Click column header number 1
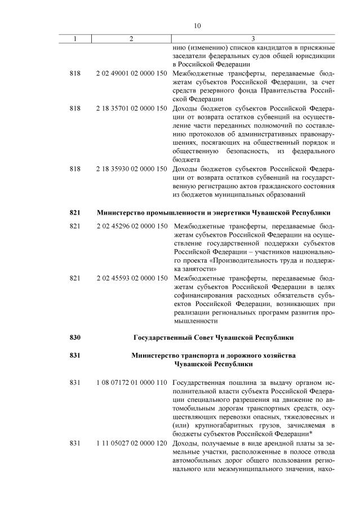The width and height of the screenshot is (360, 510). [x=75, y=39]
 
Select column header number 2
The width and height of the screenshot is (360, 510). [x=131, y=39]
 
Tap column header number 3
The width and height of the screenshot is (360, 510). [x=253, y=39]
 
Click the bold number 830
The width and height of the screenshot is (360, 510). [x=75, y=338]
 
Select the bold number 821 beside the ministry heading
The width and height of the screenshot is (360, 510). [x=75, y=212]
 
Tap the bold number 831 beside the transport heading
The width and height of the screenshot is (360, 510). [x=75, y=356]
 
